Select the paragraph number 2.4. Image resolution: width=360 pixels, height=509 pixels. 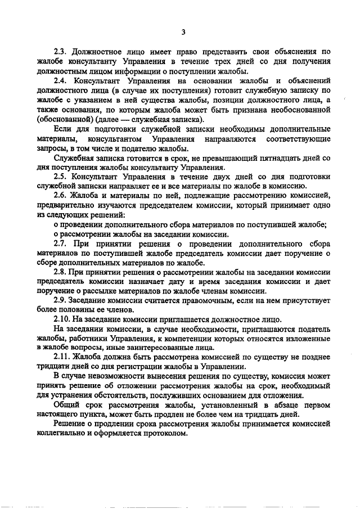(x=60, y=80)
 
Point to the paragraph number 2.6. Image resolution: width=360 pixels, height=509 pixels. (x=60, y=195)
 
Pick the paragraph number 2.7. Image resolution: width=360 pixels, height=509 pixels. (x=60, y=243)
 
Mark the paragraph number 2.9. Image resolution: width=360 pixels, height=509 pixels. (x=60, y=300)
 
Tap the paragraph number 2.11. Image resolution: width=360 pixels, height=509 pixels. (x=62, y=358)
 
